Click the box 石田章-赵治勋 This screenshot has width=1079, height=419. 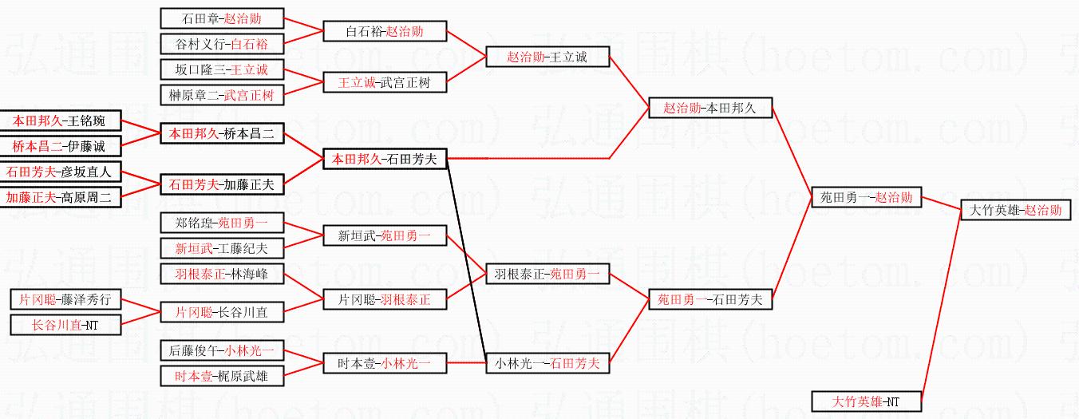point(222,19)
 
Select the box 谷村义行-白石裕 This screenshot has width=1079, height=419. point(222,45)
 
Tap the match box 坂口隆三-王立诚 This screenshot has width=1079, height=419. point(222,70)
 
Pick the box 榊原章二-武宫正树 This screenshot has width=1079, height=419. point(222,95)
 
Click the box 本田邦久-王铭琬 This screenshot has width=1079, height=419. point(59,121)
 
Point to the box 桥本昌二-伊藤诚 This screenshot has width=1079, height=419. point(59,146)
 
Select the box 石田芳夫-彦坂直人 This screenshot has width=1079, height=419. point(59,172)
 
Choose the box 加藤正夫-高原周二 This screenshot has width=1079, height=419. point(59,197)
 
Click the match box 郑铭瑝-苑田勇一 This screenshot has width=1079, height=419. point(222,223)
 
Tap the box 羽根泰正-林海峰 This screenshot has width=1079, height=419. point(222,274)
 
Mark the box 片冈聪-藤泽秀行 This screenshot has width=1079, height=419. point(65,299)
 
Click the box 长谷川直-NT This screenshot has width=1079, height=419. point(65,325)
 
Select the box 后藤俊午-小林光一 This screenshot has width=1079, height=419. point(222,350)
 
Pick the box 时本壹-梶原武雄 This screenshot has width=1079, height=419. point(222,376)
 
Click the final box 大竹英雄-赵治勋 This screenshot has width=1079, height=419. point(1015,211)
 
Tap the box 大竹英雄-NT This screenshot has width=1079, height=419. point(867,401)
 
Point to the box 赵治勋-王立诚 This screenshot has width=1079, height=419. point(547,57)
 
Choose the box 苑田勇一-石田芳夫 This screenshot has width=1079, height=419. point(710,299)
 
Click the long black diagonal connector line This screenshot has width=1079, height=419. point(466,260)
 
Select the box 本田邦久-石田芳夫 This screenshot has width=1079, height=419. point(385,159)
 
